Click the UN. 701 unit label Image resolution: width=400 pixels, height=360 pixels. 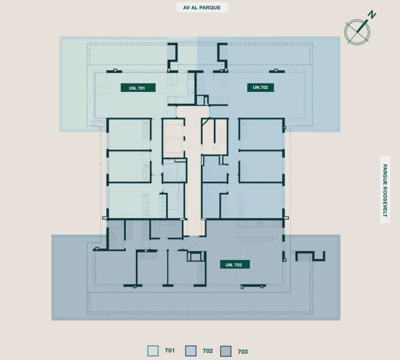138,88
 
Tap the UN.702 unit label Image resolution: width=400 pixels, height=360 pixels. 260,87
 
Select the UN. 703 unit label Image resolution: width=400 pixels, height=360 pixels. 235,265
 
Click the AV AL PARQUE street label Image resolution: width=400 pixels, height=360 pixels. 202,7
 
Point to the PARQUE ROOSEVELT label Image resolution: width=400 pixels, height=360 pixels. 385,190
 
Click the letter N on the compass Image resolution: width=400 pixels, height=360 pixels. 372,15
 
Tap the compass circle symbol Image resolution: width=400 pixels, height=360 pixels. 357,32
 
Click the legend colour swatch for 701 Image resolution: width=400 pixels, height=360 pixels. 153,351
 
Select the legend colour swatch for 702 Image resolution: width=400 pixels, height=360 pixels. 191,351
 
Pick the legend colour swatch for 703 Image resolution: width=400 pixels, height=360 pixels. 226,351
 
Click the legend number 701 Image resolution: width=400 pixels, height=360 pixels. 170,350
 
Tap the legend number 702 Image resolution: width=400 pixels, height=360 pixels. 207,351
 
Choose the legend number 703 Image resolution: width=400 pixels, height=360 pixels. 243,352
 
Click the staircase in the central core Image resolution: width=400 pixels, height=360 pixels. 214,137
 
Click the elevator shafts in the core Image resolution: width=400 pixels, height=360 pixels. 173,138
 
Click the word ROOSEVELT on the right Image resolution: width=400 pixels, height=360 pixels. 385,202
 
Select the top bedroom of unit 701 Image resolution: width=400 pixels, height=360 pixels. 129,134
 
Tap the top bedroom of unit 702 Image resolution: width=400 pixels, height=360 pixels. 261,134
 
